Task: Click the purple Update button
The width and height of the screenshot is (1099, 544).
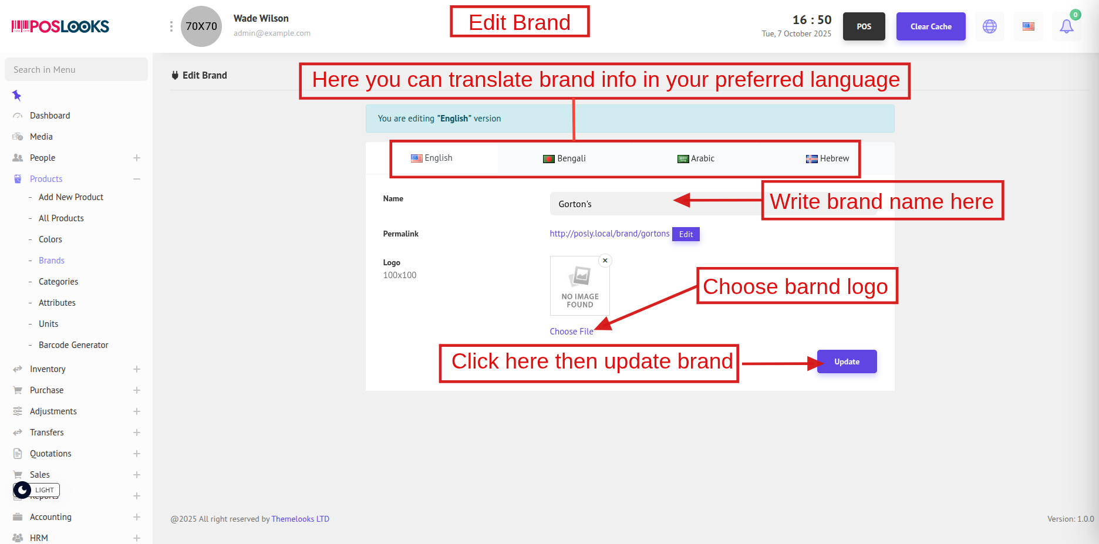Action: pyautogui.click(x=847, y=361)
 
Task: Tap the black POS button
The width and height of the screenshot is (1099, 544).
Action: pyautogui.click(x=864, y=26)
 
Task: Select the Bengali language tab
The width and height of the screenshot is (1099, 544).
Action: pyautogui.click(x=564, y=158)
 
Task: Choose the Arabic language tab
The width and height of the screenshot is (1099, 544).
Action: pyautogui.click(x=696, y=158)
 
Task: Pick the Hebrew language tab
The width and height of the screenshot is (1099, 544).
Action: pyautogui.click(x=827, y=158)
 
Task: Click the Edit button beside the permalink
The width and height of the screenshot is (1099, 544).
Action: pyautogui.click(x=686, y=234)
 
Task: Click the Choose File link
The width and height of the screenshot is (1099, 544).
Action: pyautogui.click(x=571, y=332)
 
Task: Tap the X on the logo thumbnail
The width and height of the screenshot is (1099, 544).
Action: pyautogui.click(x=605, y=261)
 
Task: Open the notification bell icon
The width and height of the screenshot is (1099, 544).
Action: pyautogui.click(x=1067, y=26)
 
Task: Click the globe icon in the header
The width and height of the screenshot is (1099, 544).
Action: pyautogui.click(x=990, y=26)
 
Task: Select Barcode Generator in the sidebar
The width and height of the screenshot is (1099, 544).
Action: pyautogui.click(x=73, y=345)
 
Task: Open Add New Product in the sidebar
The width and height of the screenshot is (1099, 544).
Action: pyautogui.click(x=71, y=197)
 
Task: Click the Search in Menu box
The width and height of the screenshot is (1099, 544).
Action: pyautogui.click(x=76, y=69)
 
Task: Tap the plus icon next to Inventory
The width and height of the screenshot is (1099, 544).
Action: pyautogui.click(x=137, y=369)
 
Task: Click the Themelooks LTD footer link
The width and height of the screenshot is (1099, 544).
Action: pyautogui.click(x=300, y=519)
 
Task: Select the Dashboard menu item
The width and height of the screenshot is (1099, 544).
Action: pyautogui.click(x=50, y=116)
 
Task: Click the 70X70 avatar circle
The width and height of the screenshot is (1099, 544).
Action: pyautogui.click(x=201, y=26)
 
